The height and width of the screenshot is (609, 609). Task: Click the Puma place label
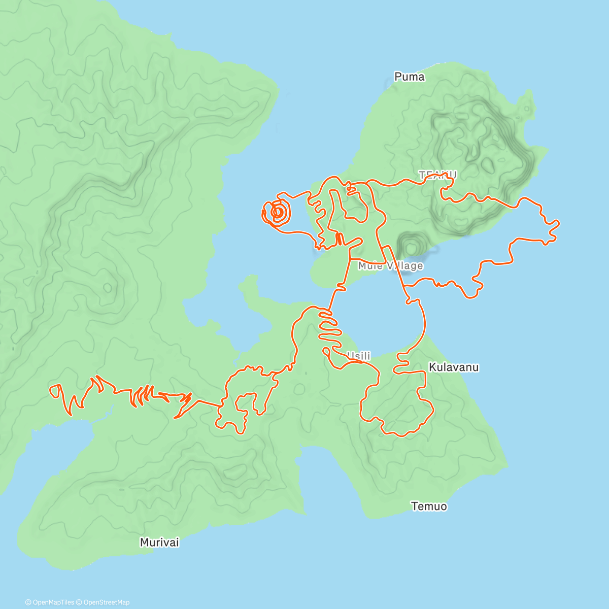point(409,77)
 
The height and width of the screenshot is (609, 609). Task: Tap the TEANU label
point(437,175)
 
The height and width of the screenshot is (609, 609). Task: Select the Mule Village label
point(390,266)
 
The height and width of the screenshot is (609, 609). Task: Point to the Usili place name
point(358,356)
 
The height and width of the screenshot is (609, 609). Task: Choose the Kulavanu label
point(454,367)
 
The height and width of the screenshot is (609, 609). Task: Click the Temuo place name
point(429,506)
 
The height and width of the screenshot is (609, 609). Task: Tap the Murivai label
point(159,543)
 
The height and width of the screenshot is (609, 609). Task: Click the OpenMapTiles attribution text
point(49,602)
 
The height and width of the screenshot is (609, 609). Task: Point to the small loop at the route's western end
point(55,391)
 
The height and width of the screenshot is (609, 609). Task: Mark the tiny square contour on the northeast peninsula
point(528,109)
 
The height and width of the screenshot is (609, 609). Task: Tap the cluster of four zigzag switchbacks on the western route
point(142,396)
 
